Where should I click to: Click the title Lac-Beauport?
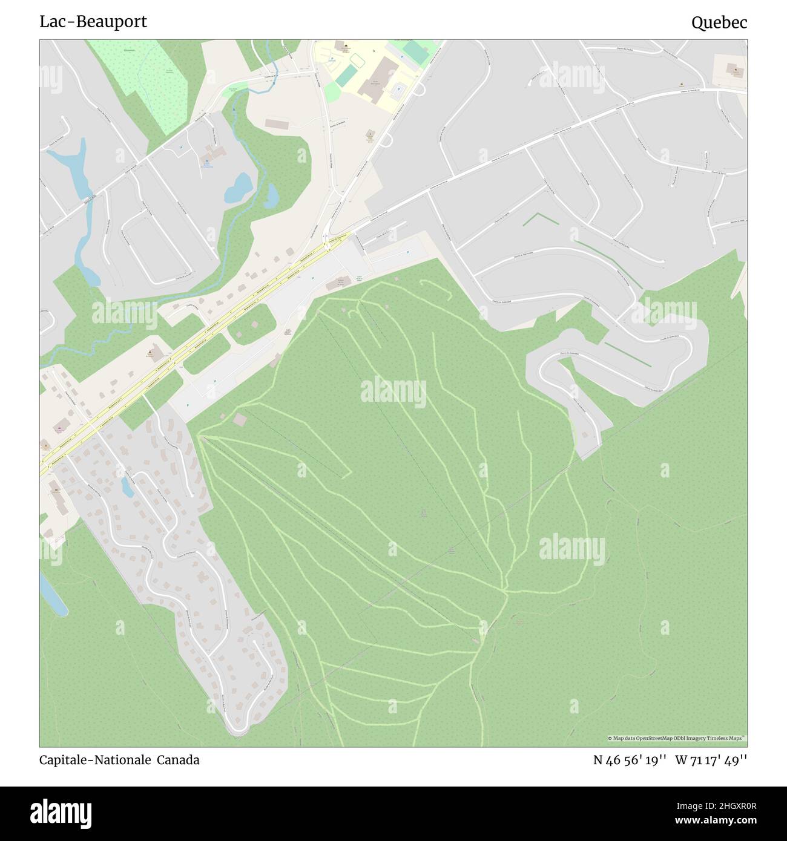tap(93, 22)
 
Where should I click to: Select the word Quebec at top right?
tap(719, 23)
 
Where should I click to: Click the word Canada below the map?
tap(179, 760)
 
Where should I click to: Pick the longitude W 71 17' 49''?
tap(711, 760)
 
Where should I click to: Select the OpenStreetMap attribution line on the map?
tap(677, 738)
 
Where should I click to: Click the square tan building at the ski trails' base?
tap(240, 419)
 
